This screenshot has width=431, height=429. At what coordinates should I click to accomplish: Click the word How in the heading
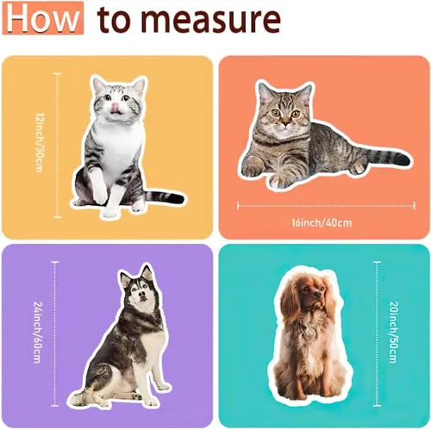pyautogui.click(x=43, y=18)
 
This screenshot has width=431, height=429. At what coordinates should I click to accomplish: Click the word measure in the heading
pyautogui.click(x=212, y=19)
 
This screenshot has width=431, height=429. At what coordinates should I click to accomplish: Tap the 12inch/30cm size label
pyautogui.click(x=40, y=142)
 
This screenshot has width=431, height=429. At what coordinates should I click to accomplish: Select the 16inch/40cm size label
pyautogui.click(x=322, y=222)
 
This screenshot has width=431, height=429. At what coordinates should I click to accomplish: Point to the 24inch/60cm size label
pyautogui.click(x=38, y=332)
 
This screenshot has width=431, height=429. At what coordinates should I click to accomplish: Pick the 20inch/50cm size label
pyautogui.click(x=394, y=332)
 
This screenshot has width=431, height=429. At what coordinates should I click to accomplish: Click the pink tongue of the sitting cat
pyautogui.click(x=116, y=107)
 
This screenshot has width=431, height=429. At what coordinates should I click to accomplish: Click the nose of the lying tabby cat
pyautogui.click(x=285, y=124)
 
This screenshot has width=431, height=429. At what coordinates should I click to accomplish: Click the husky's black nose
pyautogui.click(x=141, y=295)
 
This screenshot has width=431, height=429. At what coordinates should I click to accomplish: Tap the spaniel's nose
pyautogui.click(x=317, y=295)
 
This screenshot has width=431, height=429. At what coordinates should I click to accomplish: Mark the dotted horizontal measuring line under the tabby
pyautogui.click(x=326, y=206)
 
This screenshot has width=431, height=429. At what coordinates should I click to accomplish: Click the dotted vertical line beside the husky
pyautogui.click(x=55, y=333)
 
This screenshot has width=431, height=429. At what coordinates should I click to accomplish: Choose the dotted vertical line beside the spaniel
pyautogui.click(x=378, y=333)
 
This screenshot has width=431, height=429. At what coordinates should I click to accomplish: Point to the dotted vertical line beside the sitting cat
pyautogui.click(x=58, y=146)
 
